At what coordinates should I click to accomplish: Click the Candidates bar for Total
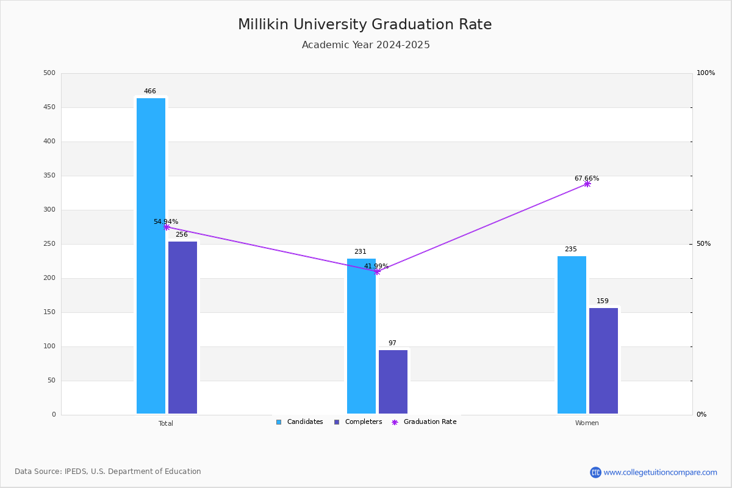(x=151, y=256)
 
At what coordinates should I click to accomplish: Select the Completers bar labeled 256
(x=182, y=328)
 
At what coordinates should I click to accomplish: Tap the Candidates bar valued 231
(x=361, y=336)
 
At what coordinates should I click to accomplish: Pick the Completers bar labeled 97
(x=393, y=382)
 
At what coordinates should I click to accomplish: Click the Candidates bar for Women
(x=572, y=335)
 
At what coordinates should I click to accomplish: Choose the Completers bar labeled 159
(x=603, y=361)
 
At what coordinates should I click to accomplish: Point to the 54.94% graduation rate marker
(x=167, y=227)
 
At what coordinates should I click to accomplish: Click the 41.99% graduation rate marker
(x=377, y=271)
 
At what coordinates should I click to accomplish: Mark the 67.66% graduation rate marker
(x=587, y=184)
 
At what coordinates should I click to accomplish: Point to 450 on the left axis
(x=49, y=107)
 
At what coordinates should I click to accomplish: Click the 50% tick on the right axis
(x=703, y=244)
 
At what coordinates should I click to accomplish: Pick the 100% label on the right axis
(x=706, y=73)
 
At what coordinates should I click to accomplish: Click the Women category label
(x=587, y=423)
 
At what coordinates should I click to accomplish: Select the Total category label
(x=166, y=423)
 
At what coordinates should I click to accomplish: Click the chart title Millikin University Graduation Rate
(x=365, y=25)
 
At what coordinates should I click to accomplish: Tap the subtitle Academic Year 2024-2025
(x=366, y=45)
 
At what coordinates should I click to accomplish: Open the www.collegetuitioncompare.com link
(x=660, y=472)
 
